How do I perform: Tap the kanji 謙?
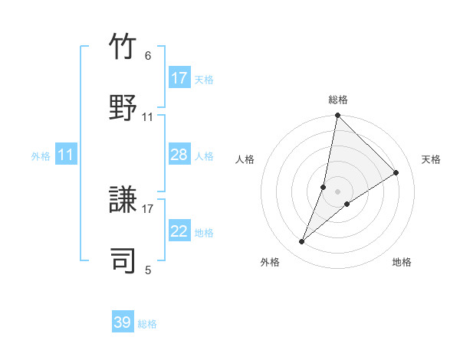coord(123,201)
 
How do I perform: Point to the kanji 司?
coord(123,260)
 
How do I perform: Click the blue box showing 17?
coord(179,78)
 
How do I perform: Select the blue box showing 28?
coord(179,155)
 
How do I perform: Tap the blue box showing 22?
coord(179,232)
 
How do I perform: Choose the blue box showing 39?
coord(123,322)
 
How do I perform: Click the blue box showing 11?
coord(66,155)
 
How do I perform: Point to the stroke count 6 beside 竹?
coord(148,56)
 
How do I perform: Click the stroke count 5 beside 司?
coord(148,270)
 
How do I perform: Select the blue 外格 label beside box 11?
coord(41,156)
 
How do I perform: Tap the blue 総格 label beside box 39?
coord(147,324)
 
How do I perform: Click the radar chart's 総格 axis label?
coord(338,100)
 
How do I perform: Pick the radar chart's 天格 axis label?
coord(431,159)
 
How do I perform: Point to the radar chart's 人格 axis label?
coord(245,159)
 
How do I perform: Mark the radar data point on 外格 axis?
coord(302,242)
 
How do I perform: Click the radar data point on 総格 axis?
coord(337,116)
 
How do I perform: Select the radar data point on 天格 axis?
coord(396,172)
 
